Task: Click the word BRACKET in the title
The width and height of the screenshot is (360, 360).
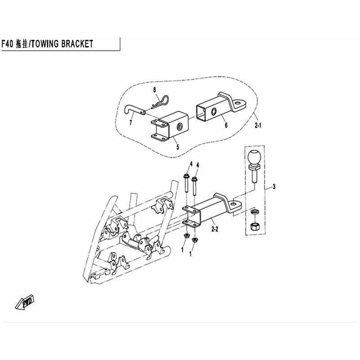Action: [x=77, y=44]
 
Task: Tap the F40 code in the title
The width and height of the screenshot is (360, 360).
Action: [x=7, y=44]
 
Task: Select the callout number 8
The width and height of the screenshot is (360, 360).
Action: [x=155, y=90]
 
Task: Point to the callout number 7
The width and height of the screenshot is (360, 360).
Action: [x=130, y=123]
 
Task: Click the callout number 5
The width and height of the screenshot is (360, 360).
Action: [x=178, y=147]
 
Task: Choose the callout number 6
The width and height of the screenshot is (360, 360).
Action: [x=226, y=125]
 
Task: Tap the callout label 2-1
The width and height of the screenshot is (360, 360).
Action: [x=258, y=126]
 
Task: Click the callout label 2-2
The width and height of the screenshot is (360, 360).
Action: [x=215, y=229]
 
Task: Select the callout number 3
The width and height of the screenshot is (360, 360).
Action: [x=274, y=187]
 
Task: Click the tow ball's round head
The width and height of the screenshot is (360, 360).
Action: [x=254, y=157]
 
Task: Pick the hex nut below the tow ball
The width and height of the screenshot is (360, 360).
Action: [x=255, y=227]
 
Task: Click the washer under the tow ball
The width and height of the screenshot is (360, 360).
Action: [x=254, y=211]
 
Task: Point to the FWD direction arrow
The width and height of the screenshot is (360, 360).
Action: [x=25, y=301]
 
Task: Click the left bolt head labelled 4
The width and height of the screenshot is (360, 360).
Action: [x=186, y=177]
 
